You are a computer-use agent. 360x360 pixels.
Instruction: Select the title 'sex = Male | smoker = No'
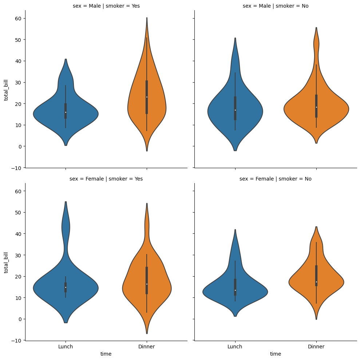click(276, 6)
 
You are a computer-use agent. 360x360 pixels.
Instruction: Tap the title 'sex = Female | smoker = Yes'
click(106, 179)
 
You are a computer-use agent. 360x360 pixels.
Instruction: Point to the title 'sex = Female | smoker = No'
click(276, 179)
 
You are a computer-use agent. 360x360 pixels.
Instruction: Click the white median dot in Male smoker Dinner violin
click(147, 97)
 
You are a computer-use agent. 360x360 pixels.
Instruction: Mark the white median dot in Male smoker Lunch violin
click(66, 112)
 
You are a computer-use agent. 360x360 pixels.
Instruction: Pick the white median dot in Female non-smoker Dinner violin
click(316, 282)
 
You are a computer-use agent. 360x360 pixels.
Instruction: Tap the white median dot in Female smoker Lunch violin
click(66, 287)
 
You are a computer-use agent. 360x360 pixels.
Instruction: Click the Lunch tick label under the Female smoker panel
click(66, 347)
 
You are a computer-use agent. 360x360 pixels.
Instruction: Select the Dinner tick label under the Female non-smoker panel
click(316, 347)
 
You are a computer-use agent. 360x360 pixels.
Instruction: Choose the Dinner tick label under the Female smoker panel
click(147, 347)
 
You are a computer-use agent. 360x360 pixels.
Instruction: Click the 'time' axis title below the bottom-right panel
click(276, 354)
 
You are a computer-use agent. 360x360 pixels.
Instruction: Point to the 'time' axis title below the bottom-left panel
click(106, 354)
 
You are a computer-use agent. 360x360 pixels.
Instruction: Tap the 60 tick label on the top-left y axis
click(18, 18)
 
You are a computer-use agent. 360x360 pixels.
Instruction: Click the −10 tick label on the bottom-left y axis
click(16, 340)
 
